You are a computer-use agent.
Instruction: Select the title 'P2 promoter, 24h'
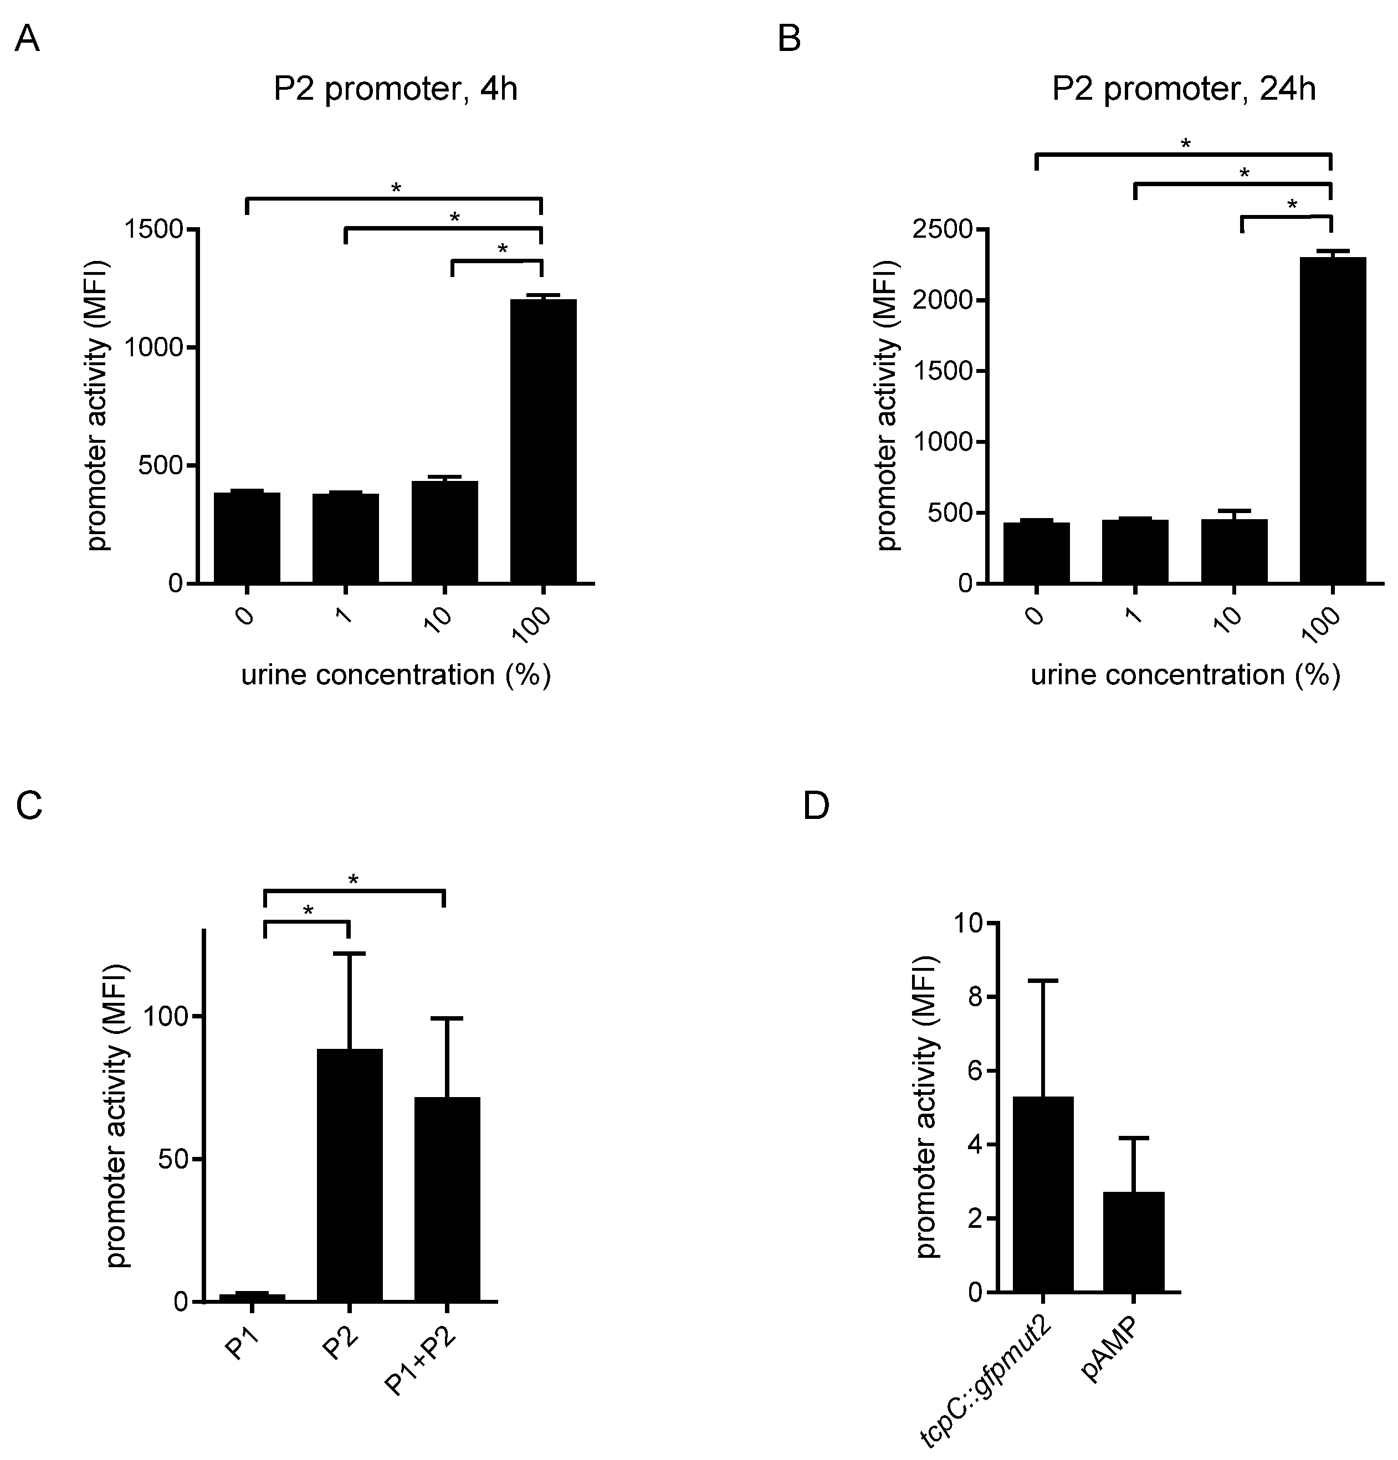tap(1184, 89)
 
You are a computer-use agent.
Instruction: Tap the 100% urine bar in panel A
tap(543, 439)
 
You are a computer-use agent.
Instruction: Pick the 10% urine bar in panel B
tap(1233, 551)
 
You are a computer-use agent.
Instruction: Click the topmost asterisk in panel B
tap(1185, 144)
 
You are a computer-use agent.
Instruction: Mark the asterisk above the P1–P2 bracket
tap(308, 911)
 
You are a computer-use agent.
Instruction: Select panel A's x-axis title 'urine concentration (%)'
tap(396, 675)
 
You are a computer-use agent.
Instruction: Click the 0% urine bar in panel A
tap(247, 537)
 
